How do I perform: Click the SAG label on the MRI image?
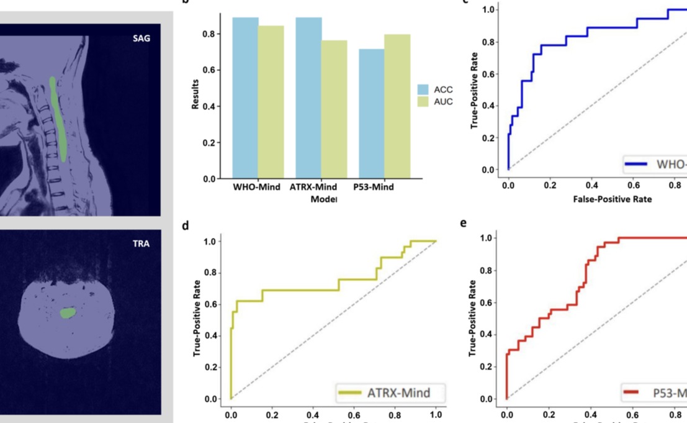click(141, 39)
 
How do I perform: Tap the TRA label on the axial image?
click(141, 243)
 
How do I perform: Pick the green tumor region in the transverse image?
click(67, 313)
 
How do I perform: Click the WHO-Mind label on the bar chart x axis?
click(257, 187)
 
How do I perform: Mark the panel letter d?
click(185, 225)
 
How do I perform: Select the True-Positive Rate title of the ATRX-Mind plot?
click(197, 317)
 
